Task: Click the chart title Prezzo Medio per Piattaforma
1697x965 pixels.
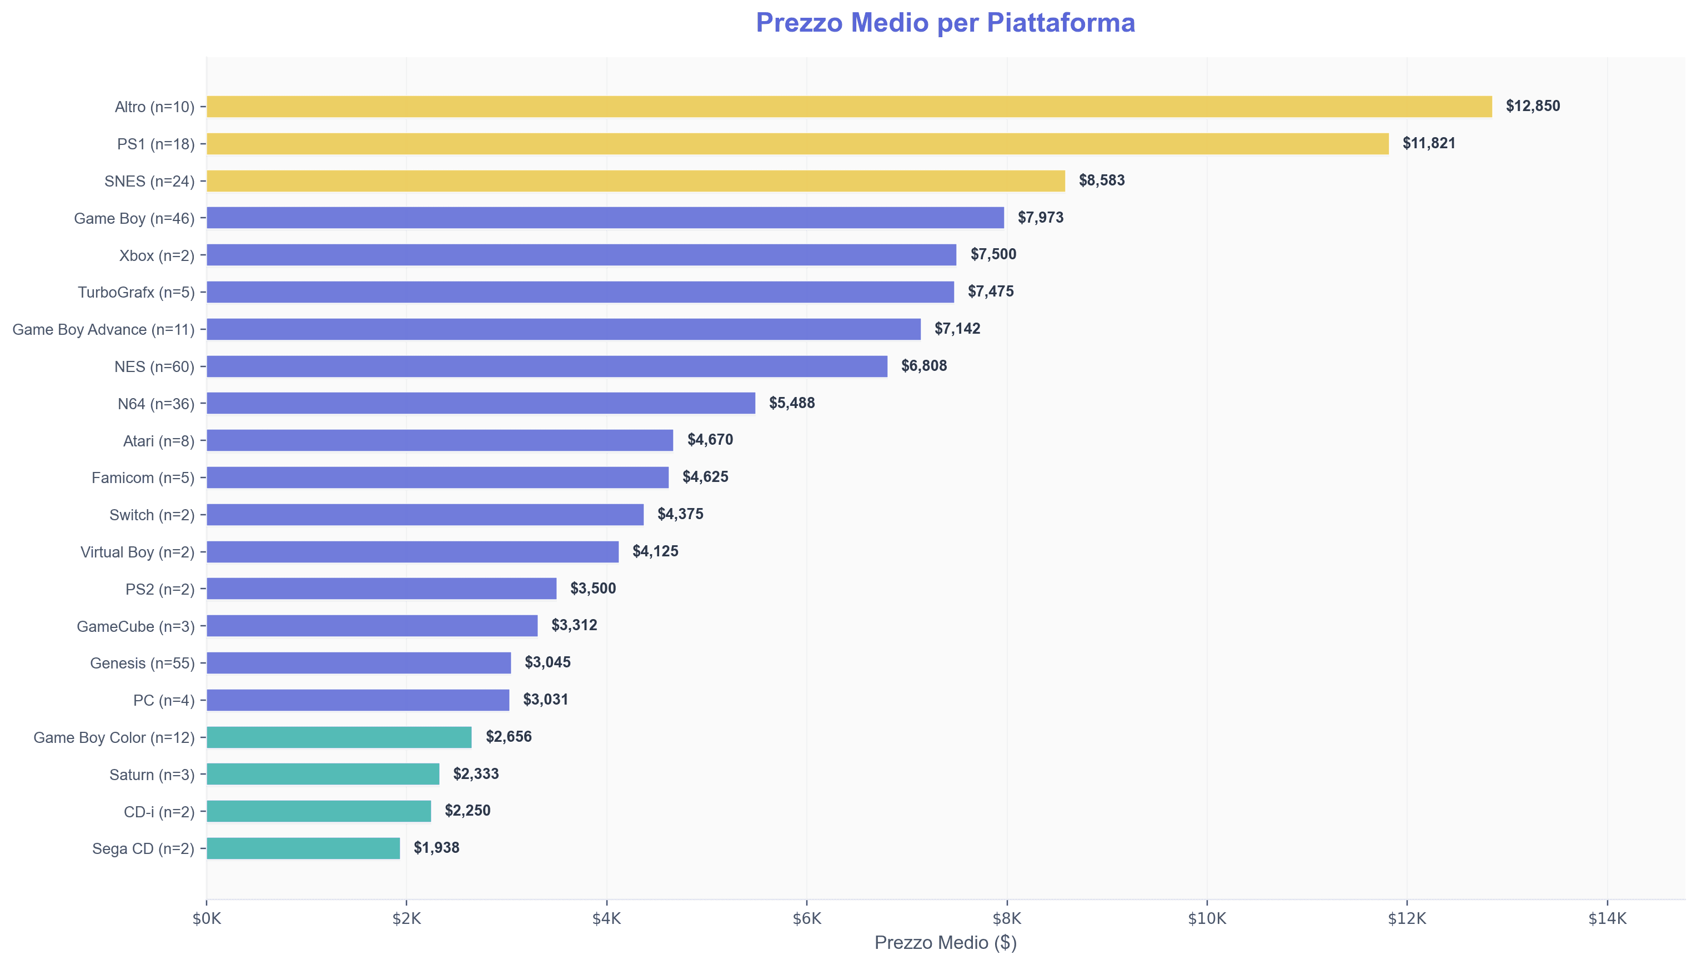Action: [x=945, y=23]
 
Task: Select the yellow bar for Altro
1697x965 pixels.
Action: [x=848, y=107]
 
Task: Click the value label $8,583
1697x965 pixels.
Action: [x=1101, y=180]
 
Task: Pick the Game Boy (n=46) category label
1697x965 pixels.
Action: [x=134, y=218]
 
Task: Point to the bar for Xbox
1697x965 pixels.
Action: [x=581, y=255]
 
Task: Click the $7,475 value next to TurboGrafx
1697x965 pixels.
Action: [x=990, y=291]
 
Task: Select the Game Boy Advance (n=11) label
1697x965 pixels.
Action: [x=103, y=329]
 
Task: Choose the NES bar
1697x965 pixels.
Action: [x=546, y=366]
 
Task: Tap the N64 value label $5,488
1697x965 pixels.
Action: [x=791, y=403]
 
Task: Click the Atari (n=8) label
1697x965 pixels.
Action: [x=158, y=441]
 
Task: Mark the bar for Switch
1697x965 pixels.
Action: [x=425, y=515]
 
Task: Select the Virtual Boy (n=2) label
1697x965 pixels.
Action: [x=137, y=552]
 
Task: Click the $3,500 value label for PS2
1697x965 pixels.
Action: [x=593, y=589]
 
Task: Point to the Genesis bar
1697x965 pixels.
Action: [x=359, y=663]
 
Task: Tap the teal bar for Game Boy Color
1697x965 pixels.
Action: [x=339, y=737]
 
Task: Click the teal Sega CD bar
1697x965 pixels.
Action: [x=303, y=848]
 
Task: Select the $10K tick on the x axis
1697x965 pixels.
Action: [x=1207, y=918]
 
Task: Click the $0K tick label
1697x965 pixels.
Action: [x=207, y=918]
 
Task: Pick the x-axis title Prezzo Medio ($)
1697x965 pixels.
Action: [x=945, y=942]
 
